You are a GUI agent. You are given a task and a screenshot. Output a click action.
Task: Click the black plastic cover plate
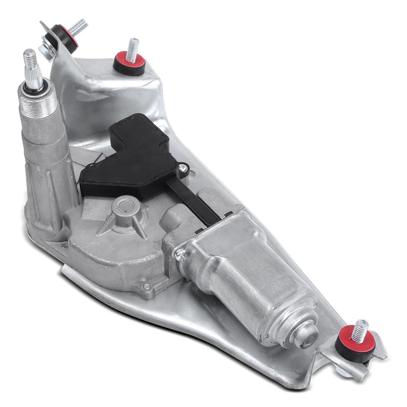(x=125, y=158)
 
